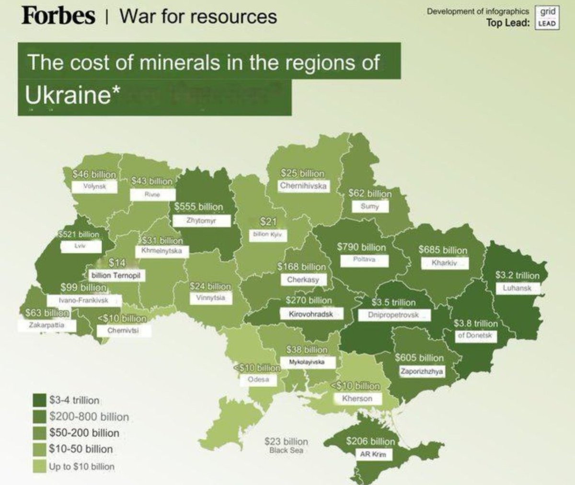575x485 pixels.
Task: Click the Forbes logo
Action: tap(58, 15)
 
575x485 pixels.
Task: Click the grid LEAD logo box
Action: tap(546, 18)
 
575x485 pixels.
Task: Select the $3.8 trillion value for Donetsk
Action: tap(476, 323)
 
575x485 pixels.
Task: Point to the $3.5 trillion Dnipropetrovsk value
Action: tap(393, 302)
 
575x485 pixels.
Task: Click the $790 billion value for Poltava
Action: tap(361, 247)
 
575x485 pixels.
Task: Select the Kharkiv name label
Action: tap(444, 263)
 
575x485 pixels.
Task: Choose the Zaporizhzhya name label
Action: tap(422, 371)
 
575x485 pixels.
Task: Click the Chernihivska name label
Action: tap(303, 185)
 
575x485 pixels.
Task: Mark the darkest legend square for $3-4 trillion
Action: tap(39, 400)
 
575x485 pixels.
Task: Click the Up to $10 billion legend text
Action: tap(81, 466)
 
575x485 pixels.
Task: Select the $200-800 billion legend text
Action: tap(89, 416)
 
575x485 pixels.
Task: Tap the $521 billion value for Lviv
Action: tap(78, 234)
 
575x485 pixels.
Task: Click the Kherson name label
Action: tap(356, 398)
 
